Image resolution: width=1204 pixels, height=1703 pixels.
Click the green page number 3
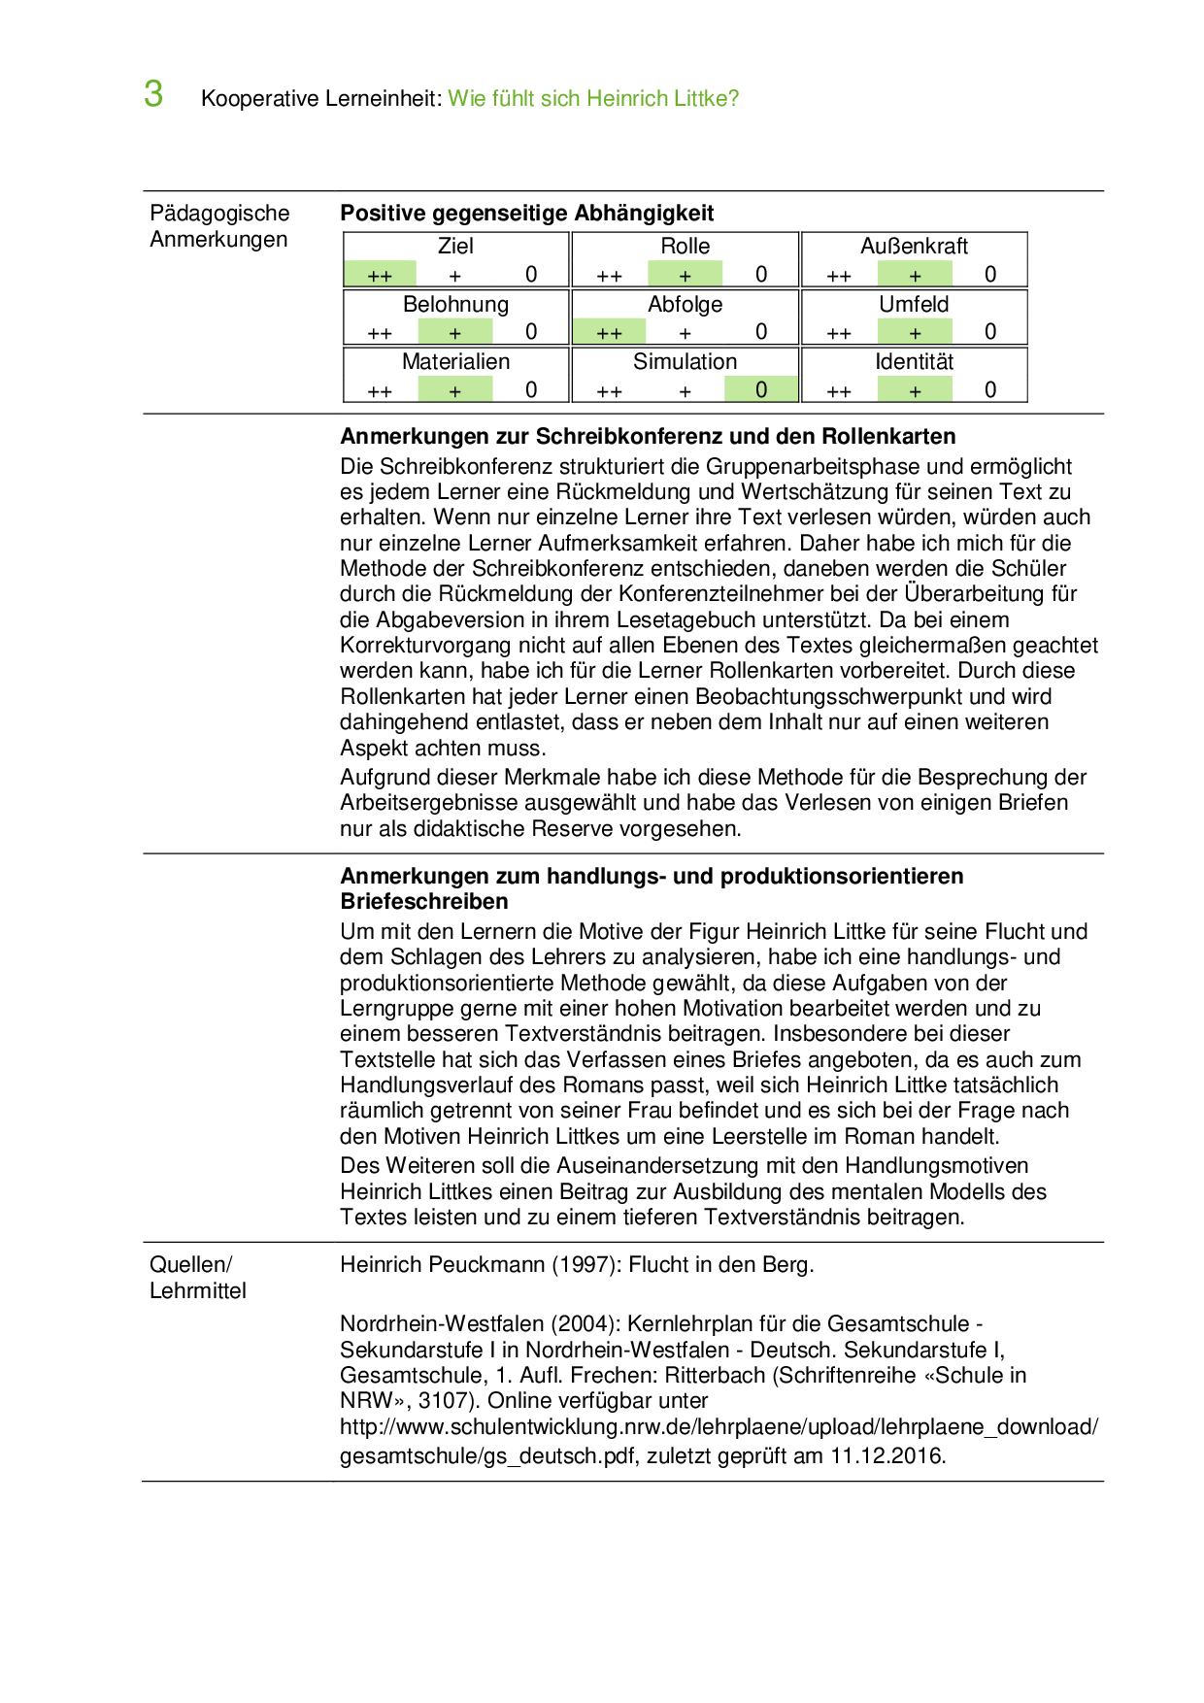pyautogui.click(x=153, y=94)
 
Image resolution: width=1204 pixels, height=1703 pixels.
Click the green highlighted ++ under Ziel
pyautogui.click(x=380, y=275)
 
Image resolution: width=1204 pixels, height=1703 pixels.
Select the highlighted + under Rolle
pyautogui.click(x=686, y=275)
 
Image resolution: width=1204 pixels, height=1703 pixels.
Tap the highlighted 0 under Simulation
pyautogui.click(x=761, y=390)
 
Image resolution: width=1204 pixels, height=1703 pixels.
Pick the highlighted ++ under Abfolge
pyautogui.click(x=609, y=332)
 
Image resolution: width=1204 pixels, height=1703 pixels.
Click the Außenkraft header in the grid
pyautogui.click(x=914, y=247)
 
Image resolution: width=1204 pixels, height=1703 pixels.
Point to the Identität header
pyautogui.click(x=914, y=362)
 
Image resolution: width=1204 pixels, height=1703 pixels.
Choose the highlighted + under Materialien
pyautogui.click(x=455, y=390)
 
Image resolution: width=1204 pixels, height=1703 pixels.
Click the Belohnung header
pyautogui.click(x=455, y=305)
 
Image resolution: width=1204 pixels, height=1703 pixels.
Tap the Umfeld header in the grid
pyautogui.click(x=914, y=305)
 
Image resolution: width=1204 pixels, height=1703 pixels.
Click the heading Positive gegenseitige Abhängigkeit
pyautogui.click(x=526, y=214)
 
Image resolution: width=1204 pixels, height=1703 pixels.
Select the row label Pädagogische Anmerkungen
pyautogui.click(x=219, y=226)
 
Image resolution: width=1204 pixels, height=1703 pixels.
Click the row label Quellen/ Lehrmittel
pyautogui.click(x=197, y=1278)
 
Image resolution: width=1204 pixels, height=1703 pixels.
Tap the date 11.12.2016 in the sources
pyautogui.click(x=886, y=1455)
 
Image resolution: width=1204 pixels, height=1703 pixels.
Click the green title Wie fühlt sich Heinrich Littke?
pyautogui.click(x=593, y=99)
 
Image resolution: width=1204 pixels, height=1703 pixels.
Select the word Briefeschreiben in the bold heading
pyautogui.click(x=424, y=902)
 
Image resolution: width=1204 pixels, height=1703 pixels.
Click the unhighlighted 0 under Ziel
pyautogui.click(x=531, y=275)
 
